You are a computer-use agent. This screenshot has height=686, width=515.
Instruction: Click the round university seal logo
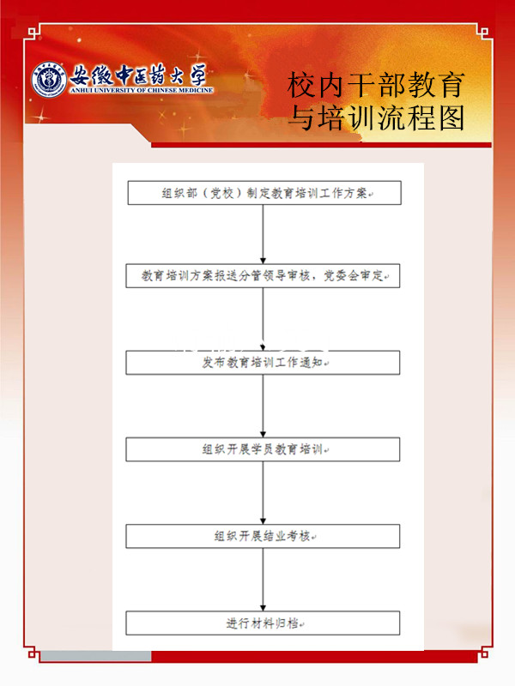pyautogui.click(x=49, y=79)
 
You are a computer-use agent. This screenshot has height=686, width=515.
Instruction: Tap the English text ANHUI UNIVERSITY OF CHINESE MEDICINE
pyautogui.click(x=142, y=90)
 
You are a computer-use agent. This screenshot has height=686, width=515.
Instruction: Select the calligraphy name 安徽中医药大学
pyautogui.click(x=138, y=75)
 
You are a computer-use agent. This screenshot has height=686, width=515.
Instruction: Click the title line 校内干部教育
pyautogui.click(x=376, y=85)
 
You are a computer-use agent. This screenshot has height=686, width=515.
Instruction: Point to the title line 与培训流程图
pyautogui.click(x=377, y=117)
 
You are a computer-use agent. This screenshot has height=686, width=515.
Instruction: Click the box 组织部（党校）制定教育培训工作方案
pyautogui.click(x=264, y=193)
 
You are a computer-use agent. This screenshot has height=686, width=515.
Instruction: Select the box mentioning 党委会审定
pyautogui.click(x=263, y=275)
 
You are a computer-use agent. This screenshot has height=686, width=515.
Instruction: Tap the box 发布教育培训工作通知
pyautogui.click(x=263, y=362)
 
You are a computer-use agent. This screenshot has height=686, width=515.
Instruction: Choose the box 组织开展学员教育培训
pyautogui.click(x=263, y=449)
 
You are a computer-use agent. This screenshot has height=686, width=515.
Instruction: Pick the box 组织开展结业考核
pyautogui.click(x=263, y=536)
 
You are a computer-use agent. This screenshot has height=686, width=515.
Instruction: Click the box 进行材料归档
pyautogui.click(x=263, y=623)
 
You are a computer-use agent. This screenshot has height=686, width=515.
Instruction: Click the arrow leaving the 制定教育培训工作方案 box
pyautogui.click(x=264, y=234)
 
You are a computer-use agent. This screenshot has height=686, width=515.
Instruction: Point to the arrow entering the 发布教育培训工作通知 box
pyautogui.click(x=264, y=319)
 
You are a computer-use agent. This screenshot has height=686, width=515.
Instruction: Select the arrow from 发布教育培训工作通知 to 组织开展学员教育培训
pyautogui.click(x=264, y=406)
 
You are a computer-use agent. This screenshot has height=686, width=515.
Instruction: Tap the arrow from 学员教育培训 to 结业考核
pyautogui.click(x=264, y=492)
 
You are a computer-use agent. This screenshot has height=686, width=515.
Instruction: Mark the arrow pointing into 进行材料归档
pyautogui.click(x=264, y=580)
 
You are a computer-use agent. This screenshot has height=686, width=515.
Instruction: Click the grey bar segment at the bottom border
pyautogui.click(x=96, y=656)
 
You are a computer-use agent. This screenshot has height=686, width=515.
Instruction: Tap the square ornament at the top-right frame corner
pyautogui.click(x=483, y=32)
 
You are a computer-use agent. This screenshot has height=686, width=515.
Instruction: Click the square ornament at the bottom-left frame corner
pyautogui.click(x=32, y=653)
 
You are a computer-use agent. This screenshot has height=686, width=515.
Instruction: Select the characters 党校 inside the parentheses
pyautogui.click(x=222, y=193)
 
